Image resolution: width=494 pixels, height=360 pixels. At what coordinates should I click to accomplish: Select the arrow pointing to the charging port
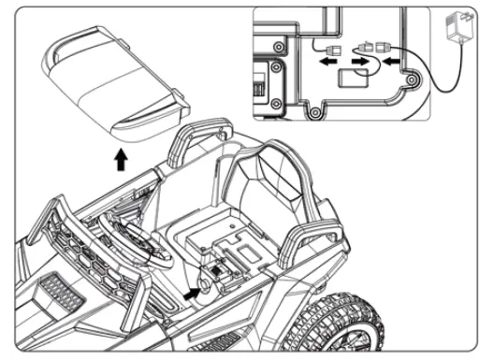[x=192, y=293]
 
